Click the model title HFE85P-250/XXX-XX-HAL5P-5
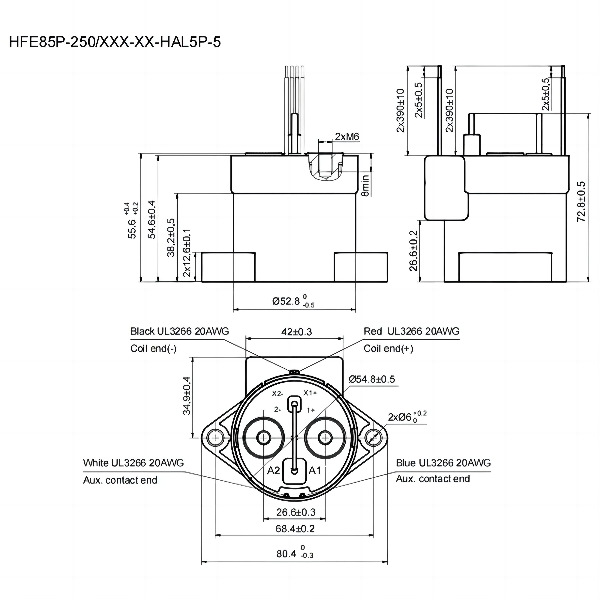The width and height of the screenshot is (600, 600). (115, 42)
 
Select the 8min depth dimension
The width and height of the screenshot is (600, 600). (365, 185)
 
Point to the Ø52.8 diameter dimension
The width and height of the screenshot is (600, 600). (293, 301)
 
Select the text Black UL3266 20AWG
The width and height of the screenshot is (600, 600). (179, 331)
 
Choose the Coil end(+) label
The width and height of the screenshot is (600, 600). (388, 348)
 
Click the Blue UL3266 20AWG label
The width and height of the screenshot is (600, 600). (443, 463)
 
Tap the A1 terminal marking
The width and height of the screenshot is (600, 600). (315, 471)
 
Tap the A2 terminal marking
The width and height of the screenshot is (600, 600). (273, 471)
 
